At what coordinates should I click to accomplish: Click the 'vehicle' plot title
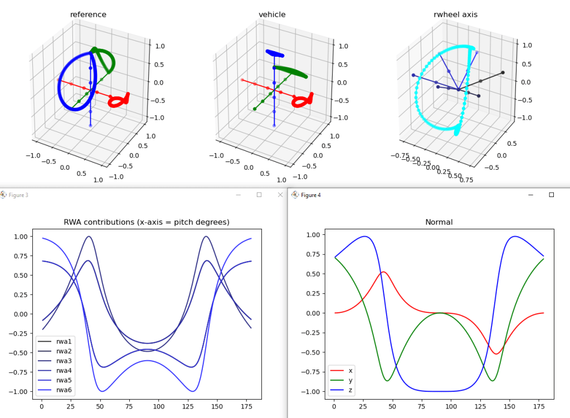point(272,14)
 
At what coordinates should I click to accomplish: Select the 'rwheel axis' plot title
point(455,14)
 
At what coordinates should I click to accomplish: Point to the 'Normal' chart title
point(439,222)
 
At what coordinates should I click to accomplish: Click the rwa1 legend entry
point(63,341)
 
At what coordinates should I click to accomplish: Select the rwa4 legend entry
point(63,371)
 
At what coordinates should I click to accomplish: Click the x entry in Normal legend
point(350,370)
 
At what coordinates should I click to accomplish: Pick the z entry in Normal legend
point(350,390)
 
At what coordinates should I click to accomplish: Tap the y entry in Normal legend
point(350,380)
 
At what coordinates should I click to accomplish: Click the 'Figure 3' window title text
point(18,195)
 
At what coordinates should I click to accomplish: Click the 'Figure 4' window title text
point(311,195)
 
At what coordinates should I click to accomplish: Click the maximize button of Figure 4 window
point(552,195)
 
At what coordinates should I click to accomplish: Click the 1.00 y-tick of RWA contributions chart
point(21,237)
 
